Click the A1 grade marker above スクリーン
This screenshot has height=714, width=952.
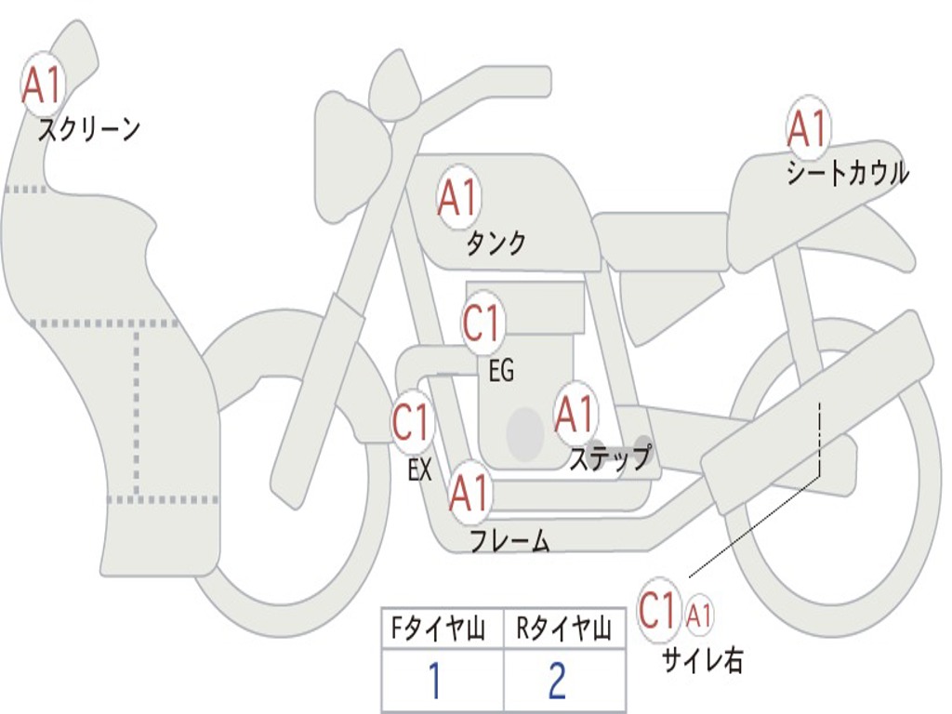(43, 85)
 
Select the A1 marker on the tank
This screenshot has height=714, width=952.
(459, 197)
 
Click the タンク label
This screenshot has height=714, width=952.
(496, 243)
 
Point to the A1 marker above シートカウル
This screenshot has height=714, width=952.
(808, 127)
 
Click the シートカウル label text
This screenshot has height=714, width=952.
(848, 173)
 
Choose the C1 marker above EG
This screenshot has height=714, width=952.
(482, 323)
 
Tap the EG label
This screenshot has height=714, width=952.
(501, 370)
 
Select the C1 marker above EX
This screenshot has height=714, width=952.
(412, 421)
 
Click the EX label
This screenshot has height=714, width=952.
(420, 469)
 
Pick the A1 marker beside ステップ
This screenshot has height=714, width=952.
(575, 414)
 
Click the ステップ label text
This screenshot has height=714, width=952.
(611, 457)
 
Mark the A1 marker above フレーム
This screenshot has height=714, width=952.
(469, 492)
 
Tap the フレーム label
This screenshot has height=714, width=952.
(510, 540)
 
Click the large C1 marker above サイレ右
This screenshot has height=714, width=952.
(658, 609)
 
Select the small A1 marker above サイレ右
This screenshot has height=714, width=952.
(698, 615)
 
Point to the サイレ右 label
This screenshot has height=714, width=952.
(703, 660)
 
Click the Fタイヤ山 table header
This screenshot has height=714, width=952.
(439, 628)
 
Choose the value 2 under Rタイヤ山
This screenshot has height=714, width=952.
(558, 681)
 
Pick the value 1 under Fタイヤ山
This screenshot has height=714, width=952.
(435, 681)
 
